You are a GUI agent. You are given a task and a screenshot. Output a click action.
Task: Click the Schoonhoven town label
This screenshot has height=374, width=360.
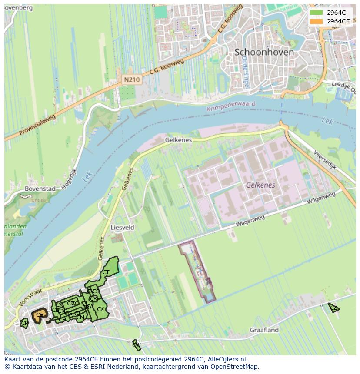coord(264,52)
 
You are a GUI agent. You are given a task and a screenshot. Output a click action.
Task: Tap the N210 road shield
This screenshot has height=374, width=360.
coord(131,80)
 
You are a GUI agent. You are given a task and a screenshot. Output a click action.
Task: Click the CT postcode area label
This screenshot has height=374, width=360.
coord(106,272)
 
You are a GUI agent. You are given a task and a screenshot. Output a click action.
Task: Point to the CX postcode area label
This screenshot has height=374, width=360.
coord(100,309)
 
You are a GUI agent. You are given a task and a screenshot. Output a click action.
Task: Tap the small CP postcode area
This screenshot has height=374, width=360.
coord(24,323)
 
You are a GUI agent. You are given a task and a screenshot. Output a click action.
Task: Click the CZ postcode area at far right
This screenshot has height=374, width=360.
coord(333,308)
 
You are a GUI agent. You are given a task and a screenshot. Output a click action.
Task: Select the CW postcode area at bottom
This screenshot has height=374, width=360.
coord(136,345)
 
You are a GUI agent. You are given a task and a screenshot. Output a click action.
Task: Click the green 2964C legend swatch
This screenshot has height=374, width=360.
coord(317,13)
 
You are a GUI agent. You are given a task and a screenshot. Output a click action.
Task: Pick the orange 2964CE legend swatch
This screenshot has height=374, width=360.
coord(317,21)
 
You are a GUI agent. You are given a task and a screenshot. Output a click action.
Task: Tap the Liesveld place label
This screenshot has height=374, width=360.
coord(122,227)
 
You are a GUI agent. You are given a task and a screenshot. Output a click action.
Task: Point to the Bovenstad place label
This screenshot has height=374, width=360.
coord(40,189)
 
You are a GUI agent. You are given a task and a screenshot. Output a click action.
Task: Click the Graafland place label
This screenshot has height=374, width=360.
coord(264,330)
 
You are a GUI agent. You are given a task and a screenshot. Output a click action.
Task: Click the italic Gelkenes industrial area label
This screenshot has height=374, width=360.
coord(260,185)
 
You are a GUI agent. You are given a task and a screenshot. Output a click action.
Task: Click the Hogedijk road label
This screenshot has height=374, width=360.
coord(69,179)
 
